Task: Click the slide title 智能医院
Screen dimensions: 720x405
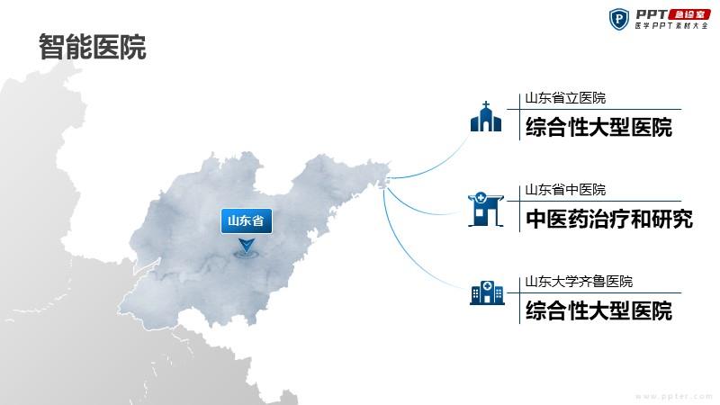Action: [x=93, y=47]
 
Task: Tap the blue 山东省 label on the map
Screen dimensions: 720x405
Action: [x=247, y=220]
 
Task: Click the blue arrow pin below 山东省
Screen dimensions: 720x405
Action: [x=247, y=245]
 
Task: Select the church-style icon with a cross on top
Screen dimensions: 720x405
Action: [x=486, y=117]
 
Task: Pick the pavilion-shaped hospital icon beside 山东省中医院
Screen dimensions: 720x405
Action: [x=486, y=210]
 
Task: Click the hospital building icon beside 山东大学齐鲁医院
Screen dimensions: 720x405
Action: [x=487, y=293]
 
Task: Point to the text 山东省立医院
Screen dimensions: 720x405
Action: [x=565, y=98]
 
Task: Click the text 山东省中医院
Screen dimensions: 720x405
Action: [x=565, y=190]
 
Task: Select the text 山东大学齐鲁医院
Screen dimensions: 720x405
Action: [x=579, y=282]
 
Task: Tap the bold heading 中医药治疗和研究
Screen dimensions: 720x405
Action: [x=609, y=219]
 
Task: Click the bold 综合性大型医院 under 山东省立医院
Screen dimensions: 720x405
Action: [x=598, y=127]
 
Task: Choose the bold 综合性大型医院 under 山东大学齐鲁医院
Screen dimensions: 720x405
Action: [x=598, y=310]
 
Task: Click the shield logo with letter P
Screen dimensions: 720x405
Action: [x=619, y=19]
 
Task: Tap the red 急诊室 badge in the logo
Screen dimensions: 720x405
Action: [x=689, y=14]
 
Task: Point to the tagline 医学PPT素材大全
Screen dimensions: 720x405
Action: [x=671, y=26]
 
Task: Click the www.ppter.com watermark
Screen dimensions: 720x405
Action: [x=673, y=396]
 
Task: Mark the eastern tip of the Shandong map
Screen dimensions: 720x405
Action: [x=391, y=166]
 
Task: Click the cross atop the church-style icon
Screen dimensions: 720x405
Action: [x=486, y=105]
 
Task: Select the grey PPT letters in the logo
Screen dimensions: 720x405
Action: [x=652, y=14]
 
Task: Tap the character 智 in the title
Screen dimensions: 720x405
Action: [x=51, y=47]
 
